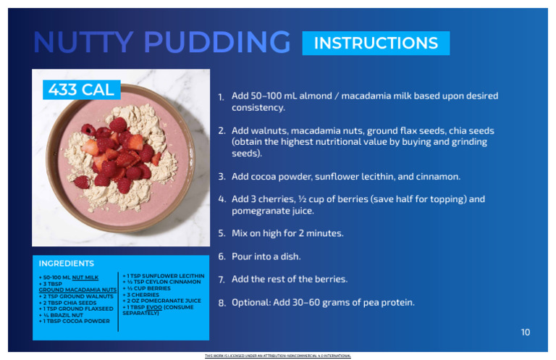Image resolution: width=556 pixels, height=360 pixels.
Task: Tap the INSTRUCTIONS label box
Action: point(376,43)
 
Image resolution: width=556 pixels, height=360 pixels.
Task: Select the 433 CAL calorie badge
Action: point(80,90)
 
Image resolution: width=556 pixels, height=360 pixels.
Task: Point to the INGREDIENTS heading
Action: point(67,264)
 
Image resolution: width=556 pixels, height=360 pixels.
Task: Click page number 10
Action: point(526,332)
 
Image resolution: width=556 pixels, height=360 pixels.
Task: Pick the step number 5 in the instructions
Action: point(221,234)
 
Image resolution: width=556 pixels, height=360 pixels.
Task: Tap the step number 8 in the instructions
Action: point(221,303)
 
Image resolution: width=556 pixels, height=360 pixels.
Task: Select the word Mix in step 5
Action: point(240,233)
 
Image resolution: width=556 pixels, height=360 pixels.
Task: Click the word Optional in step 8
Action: point(251,302)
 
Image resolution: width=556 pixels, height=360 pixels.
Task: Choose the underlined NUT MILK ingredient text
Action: point(85,277)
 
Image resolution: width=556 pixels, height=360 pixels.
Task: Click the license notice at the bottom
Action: point(278,356)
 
